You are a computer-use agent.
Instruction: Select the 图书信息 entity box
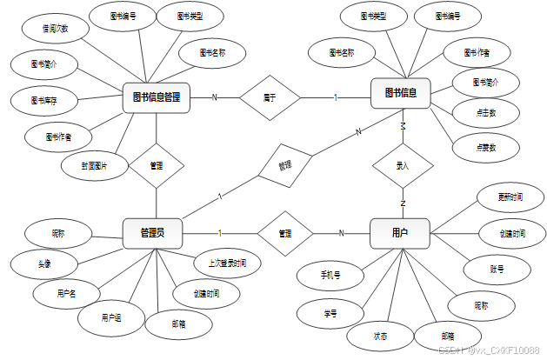(400, 93)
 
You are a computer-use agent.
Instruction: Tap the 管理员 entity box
(152, 233)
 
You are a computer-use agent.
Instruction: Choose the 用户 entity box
(400, 233)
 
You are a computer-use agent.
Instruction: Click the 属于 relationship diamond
(270, 97)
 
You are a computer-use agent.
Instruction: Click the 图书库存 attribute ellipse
(43, 100)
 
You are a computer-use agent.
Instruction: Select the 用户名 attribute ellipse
(66, 293)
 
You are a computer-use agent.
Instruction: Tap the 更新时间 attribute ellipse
(504, 197)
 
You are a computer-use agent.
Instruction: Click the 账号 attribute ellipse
(497, 270)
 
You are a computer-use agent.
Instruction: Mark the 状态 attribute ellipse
(380, 336)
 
